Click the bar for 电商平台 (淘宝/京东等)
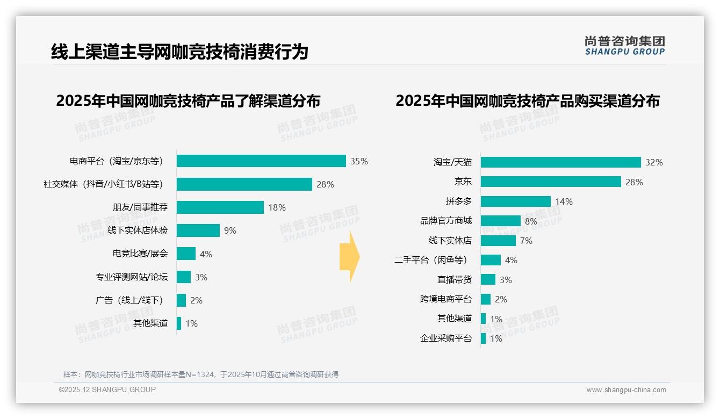pyautogui.click(x=261, y=161)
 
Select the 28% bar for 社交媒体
pyautogui.click(x=244, y=184)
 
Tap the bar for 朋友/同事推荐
pyautogui.click(x=220, y=207)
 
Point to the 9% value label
pyautogui.click(x=230, y=231)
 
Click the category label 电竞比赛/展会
pyautogui.click(x=140, y=254)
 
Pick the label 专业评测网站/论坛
pyautogui.click(x=132, y=277)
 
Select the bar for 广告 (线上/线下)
pyautogui.click(x=181, y=300)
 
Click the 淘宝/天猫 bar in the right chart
pyautogui.click(x=560, y=162)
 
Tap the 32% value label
pyautogui.click(x=654, y=162)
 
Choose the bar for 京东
pyautogui.click(x=551, y=182)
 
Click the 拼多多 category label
pyautogui.click(x=458, y=201)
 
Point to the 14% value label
pyautogui.click(x=564, y=201)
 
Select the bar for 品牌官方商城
pyautogui.click(x=500, y=221)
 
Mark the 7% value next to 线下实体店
pyautogui.click(x=526, y=241)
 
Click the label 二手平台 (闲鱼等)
pyautogui.click(x=431, y=260)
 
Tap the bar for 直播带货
pyautogui.click(x=488, y=279)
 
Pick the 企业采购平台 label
pyautogui.click(x=445, y=338)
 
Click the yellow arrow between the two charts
pyautogui.click(x=349, y=257)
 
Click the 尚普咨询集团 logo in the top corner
pyautogui.click(x=624, y=46)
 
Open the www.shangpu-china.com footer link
pyautogui.click(x=626, y=390)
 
